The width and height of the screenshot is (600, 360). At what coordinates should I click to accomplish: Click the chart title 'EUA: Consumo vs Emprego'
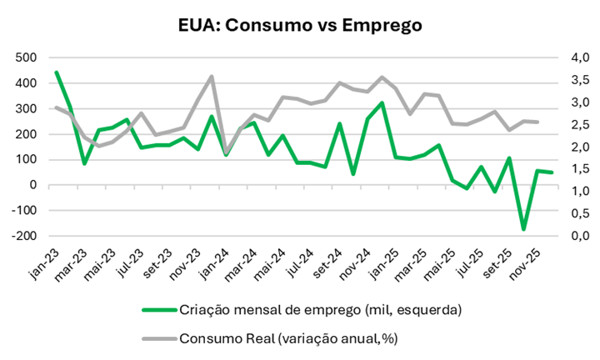pyautogui.click(x=300, y=25)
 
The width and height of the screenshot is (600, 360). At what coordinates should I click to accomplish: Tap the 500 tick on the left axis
pyautogui.click(x=25, y=57)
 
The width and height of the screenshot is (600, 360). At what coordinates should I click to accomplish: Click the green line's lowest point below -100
pyautogui.click(x=524, y=229)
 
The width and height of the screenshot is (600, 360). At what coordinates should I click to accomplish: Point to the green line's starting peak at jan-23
pyautogui.click(x=57, y=72)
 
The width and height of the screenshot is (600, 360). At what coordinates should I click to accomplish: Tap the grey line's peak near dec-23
pyautogui.click(x=212, y=77)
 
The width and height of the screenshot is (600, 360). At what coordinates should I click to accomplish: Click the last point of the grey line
pyautogui.click(x=537, y=122)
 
